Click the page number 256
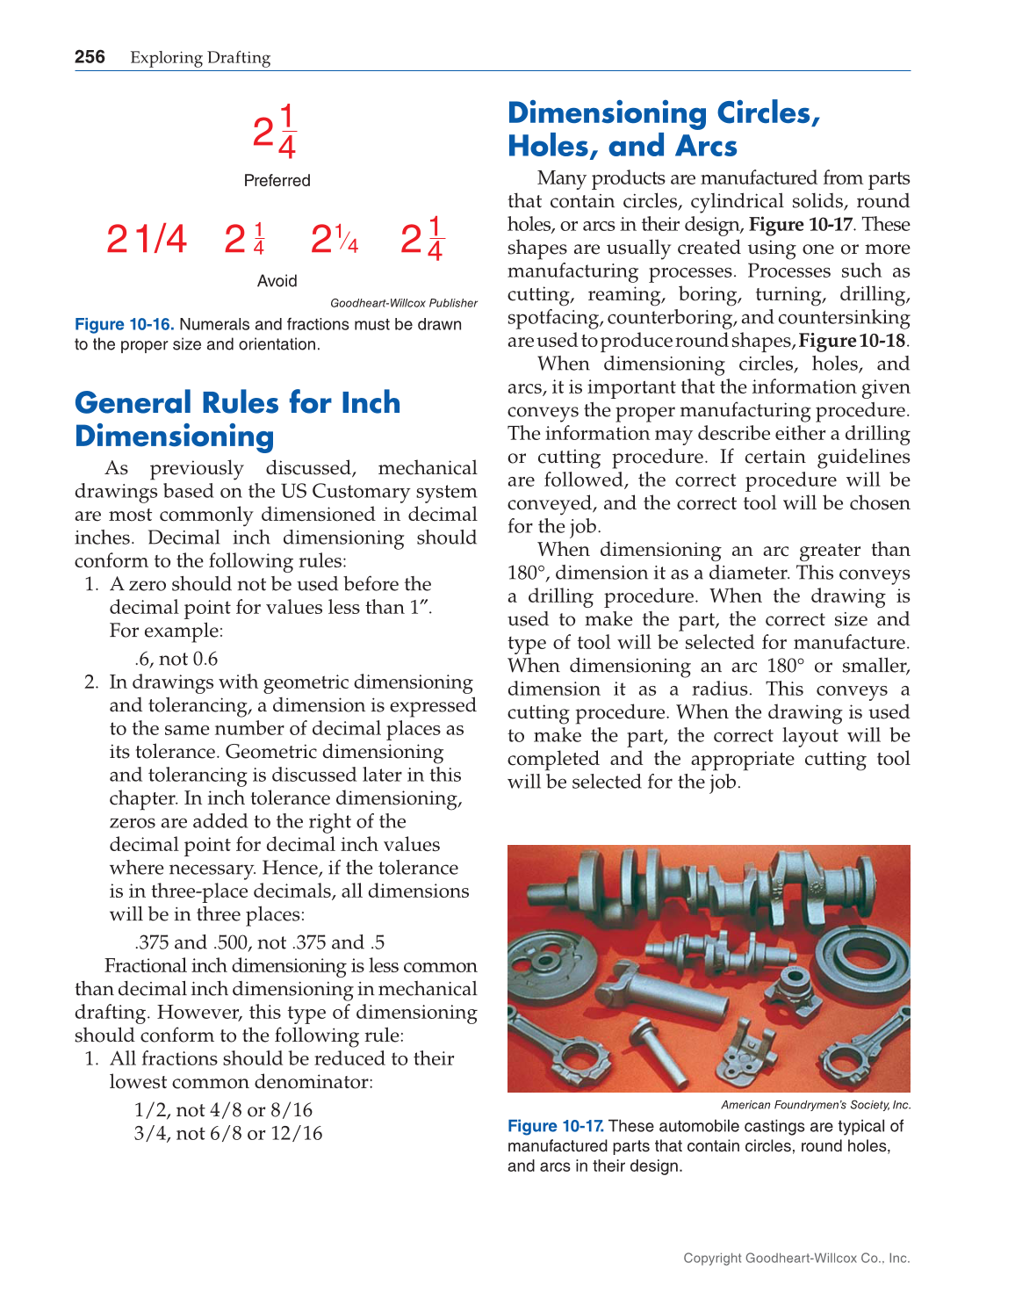(90, 57)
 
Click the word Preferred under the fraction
(277, 180)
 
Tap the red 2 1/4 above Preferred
(275, 133)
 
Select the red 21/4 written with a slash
(147, 239)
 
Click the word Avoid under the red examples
(277, 281)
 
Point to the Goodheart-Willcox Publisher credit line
(403, 303)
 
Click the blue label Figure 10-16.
(124, 324)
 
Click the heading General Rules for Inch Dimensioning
(237, 419)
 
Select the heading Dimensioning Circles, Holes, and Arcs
(664, 129)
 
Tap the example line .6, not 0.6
(176, 659)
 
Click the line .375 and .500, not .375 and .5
(259, 942)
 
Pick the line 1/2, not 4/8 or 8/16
(223, 1110)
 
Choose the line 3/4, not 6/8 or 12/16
(227, 1133)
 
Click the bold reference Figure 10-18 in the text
(852, 341)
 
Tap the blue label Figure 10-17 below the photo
(555, 1126)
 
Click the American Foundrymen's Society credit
(816, 1105)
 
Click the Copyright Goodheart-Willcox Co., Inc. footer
(796, 1258)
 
